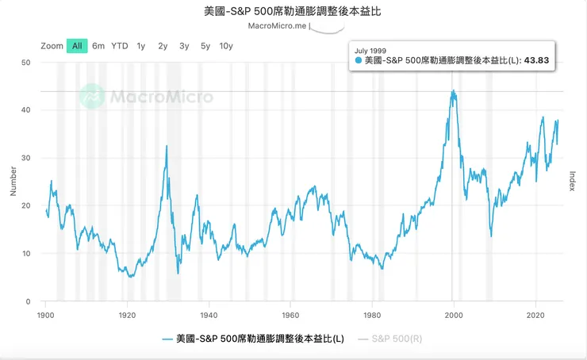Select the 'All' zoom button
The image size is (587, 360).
tap(77, 46)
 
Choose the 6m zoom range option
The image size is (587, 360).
tap(98, 46)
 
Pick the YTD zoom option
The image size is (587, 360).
tap(119, 46)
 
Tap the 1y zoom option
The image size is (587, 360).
tap(141, 46)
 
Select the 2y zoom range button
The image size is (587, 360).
tap(163, 46)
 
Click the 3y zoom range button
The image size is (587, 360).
tap(184, 46)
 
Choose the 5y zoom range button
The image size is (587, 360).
tap(205, 46)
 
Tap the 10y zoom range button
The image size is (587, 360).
tap(226, 46)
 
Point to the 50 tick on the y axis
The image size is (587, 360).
tap(25, 62)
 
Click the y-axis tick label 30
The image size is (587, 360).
tap(25, 158)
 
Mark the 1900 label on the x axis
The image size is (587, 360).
tap(46, 314)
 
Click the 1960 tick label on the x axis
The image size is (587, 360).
tap(290, 314)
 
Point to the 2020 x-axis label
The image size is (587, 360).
tap(536, 314)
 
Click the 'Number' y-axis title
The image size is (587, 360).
tap(12, 182)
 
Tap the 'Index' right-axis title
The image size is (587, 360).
tap(572, 182)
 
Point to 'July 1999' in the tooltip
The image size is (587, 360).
tap(371, 48)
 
